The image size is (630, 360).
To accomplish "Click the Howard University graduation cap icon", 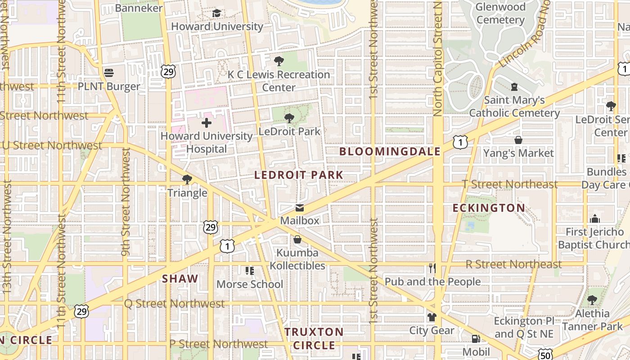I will (x=216, y=13).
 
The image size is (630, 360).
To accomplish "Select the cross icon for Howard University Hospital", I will (x=207, y=122).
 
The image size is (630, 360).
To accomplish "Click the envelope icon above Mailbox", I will (x=299, y=208).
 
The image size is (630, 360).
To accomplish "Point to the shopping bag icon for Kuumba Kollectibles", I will (x=297, y=239).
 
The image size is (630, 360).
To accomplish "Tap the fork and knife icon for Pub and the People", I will (x=432, y=269).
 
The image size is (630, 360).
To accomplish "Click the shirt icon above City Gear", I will (x=432, y=317).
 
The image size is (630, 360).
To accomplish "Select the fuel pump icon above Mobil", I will (x=476, y=339).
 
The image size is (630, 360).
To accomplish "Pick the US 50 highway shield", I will (x=546, y=355).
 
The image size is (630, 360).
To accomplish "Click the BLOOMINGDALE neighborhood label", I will (x=390, y=152).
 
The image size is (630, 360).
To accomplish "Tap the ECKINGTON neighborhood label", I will (x=489, y=208).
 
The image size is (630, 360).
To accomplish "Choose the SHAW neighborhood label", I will (x=180, y=279).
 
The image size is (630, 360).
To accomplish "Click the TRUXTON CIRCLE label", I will (x=314, y=338).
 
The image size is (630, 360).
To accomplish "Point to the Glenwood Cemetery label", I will (x=500, y=13).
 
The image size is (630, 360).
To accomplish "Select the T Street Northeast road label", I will (x=510, y=184).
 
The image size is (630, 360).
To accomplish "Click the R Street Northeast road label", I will (x=513, y=264).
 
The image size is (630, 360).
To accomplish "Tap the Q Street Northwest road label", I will (x=174, y=304).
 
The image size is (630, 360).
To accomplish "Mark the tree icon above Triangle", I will (x=187, y=180).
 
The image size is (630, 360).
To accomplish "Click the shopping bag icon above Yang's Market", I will (x=518, y=140).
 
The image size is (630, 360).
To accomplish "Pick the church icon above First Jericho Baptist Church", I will (x=595, y=219).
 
